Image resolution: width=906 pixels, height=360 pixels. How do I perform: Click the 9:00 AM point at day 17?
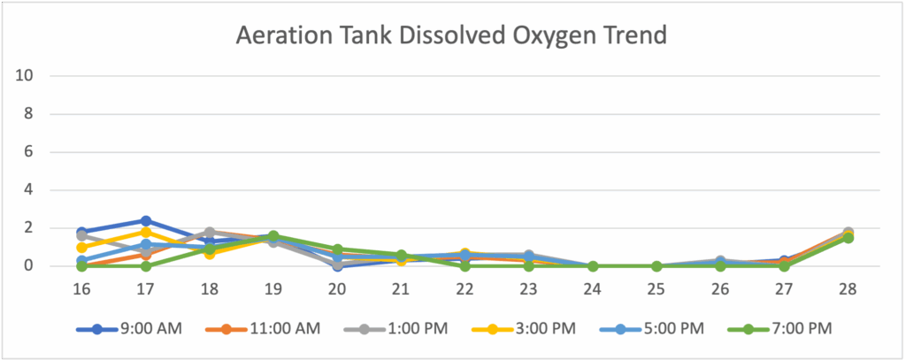click(146, 221)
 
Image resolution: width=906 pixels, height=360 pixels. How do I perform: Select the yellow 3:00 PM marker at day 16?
click(82, 248)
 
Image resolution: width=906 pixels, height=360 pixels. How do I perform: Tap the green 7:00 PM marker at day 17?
click(146, 266)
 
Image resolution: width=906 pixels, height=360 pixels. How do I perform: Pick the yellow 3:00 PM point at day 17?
click(146, 233)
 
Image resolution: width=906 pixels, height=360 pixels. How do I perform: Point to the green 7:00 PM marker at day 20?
click(337, 249)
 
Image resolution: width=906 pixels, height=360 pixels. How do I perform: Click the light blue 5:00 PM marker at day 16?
click(82, 261)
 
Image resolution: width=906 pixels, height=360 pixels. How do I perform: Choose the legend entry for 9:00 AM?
click(129, 329)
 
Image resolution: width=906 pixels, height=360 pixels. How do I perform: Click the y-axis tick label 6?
click(28, 152)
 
